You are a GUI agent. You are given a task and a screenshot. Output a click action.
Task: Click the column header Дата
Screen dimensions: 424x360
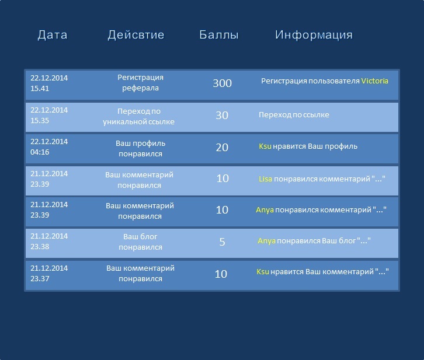pyautogui.click(x=53, y=35)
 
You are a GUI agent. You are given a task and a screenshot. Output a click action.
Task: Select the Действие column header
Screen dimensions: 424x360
pyautogui.click(x=136, y=35)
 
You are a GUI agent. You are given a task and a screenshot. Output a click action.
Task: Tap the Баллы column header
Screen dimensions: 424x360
pyautogui.click(x=219, y=35)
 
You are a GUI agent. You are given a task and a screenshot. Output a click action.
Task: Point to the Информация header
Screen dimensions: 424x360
pyautogui.click(x=314, y=35)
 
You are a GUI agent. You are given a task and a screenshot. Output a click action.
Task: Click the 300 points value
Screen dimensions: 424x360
pyautogui.click(x=223, y=83)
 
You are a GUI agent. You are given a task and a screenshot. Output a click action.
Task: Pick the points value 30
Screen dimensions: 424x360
pyautogui.click(x=222, y=116)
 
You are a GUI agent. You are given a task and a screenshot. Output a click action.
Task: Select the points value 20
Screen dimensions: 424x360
pyautogui.click(x=222, y=148)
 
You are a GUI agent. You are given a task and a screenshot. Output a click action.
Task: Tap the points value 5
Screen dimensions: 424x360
pyautogui.click(x=222, y=242)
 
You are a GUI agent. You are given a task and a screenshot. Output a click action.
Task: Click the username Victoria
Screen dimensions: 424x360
pyautogui.click(x=375, y=81)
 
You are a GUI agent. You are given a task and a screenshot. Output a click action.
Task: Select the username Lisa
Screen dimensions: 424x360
pyautogui.click(x=265, y=179)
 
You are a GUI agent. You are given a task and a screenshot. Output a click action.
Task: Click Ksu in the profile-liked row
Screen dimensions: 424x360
pyautogui.click(x=265, y=146)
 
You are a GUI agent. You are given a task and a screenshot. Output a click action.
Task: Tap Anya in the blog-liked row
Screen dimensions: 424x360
pyautogui.click(x=267, y=240)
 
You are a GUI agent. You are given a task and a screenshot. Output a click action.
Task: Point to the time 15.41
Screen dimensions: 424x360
pyautogui.click(x=40, y=88)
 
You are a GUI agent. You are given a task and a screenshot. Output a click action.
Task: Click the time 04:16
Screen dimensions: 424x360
pyautogui.click(x=40, y=152)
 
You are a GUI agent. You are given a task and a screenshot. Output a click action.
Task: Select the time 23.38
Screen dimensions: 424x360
pyautogui.click(x=40, y=247)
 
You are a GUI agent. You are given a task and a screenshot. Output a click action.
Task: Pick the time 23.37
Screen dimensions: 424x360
pyautogui.click(x=40, y=278)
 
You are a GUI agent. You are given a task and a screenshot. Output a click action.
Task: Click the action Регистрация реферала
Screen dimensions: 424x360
pyautogui.click(x=140, y=83)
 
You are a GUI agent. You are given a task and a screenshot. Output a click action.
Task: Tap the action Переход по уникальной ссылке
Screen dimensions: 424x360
pyautogui.click(x=139, y=116)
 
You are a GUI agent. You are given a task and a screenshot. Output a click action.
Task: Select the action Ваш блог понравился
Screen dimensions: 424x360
pyautogui.click(x=140, y=242)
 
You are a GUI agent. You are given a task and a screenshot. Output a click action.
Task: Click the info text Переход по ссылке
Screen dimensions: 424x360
pyautogui.click(x=294, y=115)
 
